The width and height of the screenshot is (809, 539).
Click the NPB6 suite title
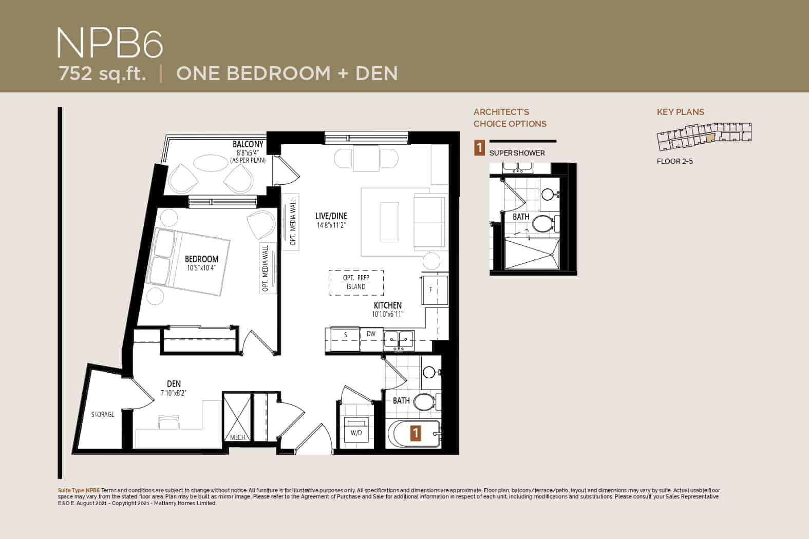point(110,43)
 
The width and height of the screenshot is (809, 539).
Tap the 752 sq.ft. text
point(102,73)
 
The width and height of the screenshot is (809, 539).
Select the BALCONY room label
point(248,144)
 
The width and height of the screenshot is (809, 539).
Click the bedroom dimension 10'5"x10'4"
point(201,268)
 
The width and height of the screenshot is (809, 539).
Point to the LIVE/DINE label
point(331,216)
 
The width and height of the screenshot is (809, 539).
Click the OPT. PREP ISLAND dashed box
point(356,282)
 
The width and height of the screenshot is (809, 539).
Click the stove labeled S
point(345,339)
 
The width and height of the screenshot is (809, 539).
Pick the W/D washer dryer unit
point(356,430)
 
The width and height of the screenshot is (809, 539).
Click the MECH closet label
point(237,437)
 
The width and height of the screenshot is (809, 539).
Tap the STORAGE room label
point(103,414)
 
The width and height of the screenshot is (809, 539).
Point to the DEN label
point(174,384)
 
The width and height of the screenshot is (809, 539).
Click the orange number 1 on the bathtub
point(416,433)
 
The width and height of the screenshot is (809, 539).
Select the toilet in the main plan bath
point(426,402)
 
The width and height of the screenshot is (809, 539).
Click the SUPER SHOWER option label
point(517,153)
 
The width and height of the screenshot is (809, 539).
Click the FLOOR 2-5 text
point(674,161)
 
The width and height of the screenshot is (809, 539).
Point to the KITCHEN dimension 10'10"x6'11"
point(387,314)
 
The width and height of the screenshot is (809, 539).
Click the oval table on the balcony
point(211,163)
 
